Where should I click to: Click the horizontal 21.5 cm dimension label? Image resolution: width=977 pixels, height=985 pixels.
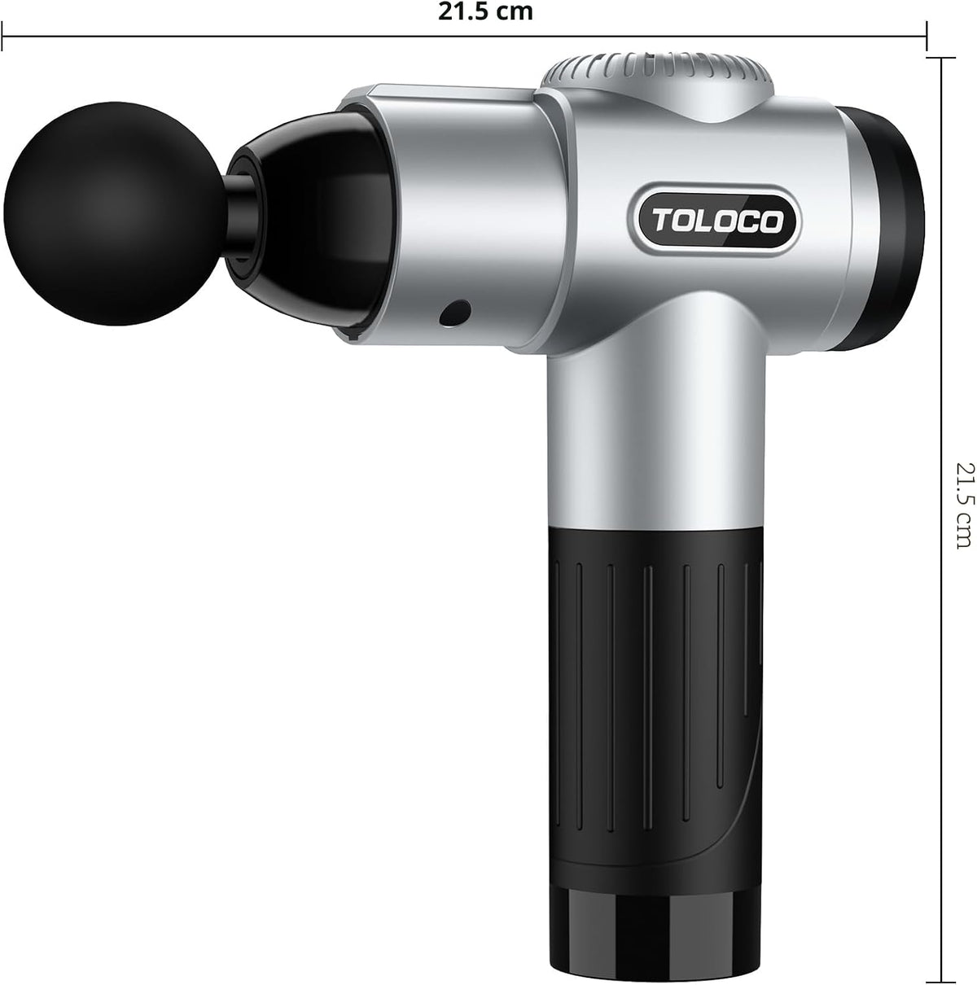pos(485,11)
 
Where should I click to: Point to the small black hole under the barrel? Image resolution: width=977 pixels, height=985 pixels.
pos(454,313)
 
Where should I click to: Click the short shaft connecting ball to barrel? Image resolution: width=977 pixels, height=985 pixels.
pos(239,213)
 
